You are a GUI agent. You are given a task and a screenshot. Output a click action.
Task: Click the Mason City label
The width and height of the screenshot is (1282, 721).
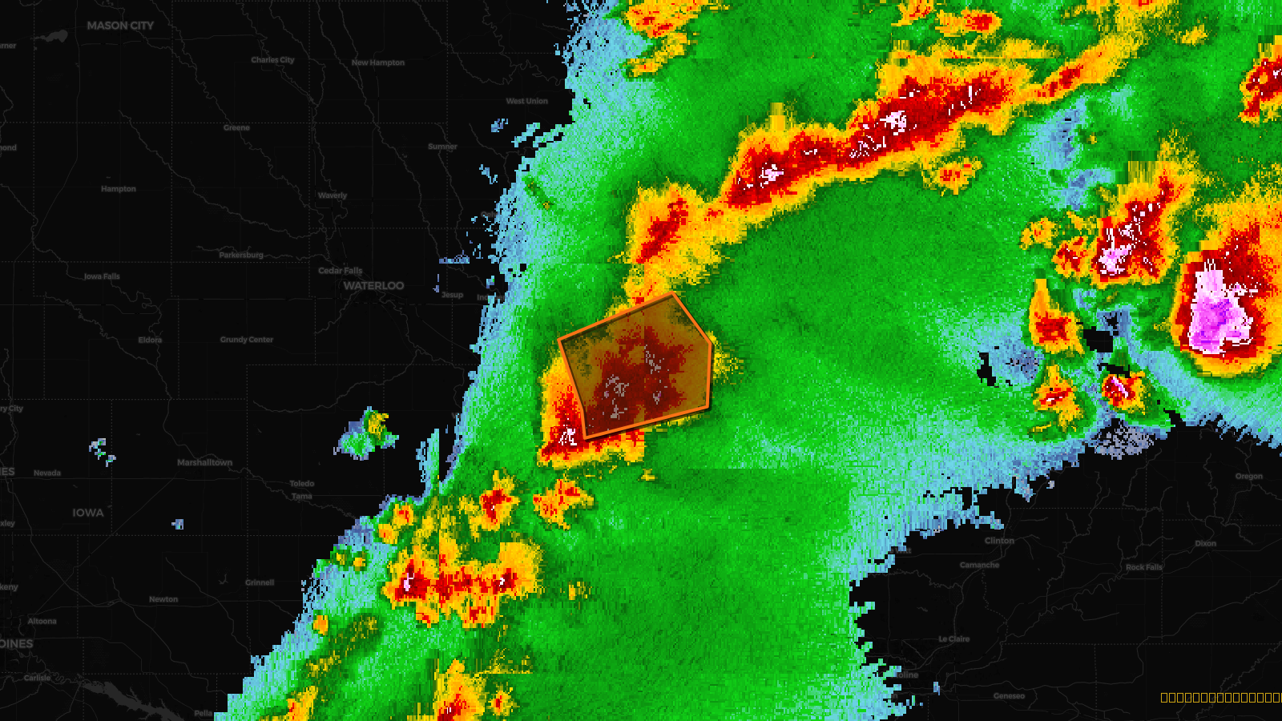click(x=120, y=26)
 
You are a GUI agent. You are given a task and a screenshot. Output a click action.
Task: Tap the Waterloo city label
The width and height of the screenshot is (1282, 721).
click(x=373, y=286)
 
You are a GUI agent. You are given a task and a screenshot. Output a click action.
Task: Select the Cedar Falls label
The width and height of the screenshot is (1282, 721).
click(x=340, y=271)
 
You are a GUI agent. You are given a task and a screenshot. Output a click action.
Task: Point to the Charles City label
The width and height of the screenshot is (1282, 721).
click(x=272, y=60)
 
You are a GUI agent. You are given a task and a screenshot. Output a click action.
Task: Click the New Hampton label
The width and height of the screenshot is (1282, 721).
click(x=378, y=62)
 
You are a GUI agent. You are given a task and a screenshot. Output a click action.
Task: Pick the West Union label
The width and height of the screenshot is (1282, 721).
click(x=526, y=101)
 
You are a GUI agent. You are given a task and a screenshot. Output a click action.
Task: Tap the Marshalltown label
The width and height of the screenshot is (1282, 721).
click(x=204, y=463)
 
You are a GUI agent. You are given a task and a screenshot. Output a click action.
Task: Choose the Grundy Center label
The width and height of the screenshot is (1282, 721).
click(x=247, y=340)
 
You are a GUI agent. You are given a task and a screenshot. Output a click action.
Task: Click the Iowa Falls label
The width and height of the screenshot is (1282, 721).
click(x=102, y=276)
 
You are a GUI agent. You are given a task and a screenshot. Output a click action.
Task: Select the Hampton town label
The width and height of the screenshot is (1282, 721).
click(x=119, y=189)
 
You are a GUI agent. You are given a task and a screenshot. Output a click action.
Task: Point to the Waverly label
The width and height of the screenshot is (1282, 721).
click(x=333, y=195)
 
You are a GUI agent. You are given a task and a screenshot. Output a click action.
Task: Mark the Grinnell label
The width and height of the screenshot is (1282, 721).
click(x=260, y=583)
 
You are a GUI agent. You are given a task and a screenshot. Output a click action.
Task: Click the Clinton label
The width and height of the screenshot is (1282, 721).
click(x=999, y=541)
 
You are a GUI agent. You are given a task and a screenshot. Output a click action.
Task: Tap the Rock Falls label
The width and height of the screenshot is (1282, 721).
click(x=1143, y=567)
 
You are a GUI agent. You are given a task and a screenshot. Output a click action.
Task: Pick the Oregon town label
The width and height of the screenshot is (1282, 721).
click(x=1248, y=477)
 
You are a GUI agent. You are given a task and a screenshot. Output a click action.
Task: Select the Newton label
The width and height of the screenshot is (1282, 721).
click(x=163, y=599)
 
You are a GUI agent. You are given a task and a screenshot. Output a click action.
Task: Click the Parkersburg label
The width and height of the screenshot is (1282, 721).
click(x=241, y=255)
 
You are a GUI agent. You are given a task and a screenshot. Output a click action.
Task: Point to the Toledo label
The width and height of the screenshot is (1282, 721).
click(x=302, y=484)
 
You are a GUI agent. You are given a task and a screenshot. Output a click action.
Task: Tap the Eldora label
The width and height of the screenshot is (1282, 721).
click(x=150, y=340)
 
